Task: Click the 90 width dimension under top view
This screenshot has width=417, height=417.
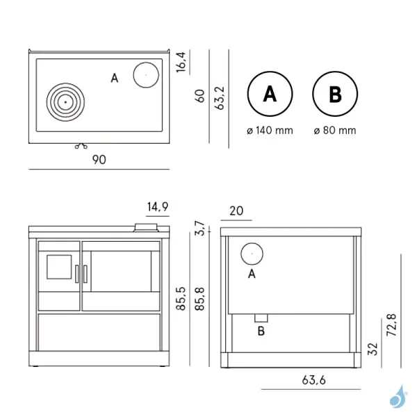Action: point(99,160)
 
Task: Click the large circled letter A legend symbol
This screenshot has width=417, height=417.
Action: point(270,95)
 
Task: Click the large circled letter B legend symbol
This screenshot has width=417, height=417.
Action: point(334,95)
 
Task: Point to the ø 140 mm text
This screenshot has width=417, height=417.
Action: point(270,130)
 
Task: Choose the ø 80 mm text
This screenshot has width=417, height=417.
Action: point(334,130)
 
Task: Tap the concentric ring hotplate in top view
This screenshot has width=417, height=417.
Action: point(65,102)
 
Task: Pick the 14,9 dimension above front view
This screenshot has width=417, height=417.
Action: point(158,206)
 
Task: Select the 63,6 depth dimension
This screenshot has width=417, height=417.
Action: point(314,380)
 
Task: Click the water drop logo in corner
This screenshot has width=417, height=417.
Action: point(398,397)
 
